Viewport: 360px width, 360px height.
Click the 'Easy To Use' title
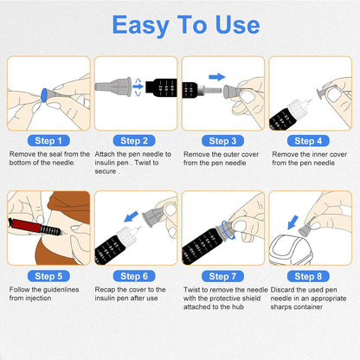[180, 25]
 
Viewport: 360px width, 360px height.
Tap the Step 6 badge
[134, 276]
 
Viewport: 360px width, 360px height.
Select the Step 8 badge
[310, 276]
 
